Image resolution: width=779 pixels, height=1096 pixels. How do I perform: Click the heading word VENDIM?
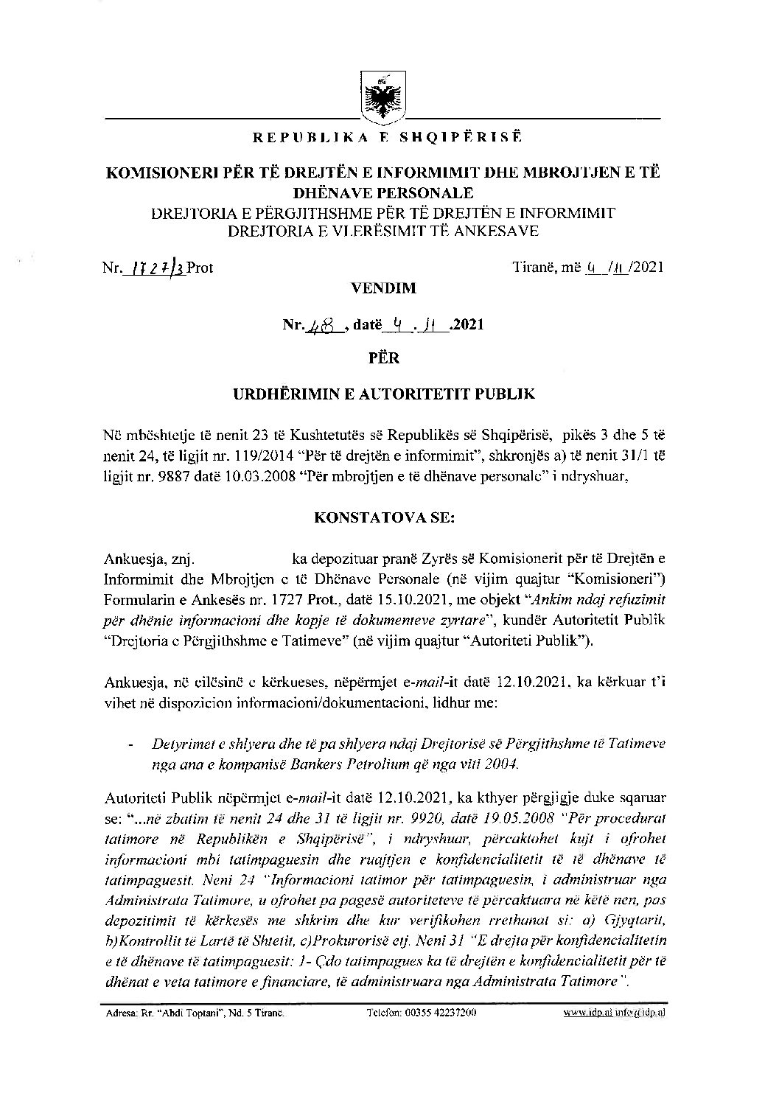[x=389, y=288]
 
